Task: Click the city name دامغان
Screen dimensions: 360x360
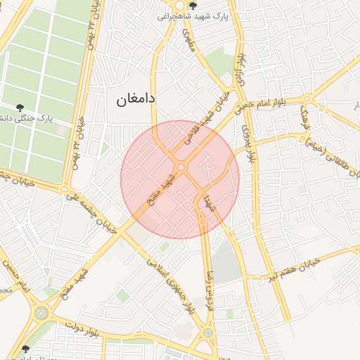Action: [x=136, y=100]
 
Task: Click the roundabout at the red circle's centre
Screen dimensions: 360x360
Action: [x=181, y=167]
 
